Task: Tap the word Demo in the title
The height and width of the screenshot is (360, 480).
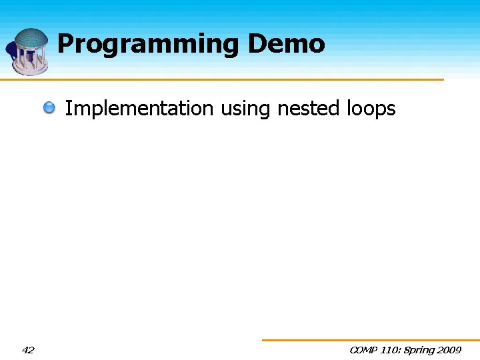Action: point(287,44)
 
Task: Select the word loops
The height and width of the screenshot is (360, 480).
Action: point(371,109)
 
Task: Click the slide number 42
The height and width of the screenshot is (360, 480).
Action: point(28,350)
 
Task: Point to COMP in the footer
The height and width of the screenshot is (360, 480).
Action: point(364,350)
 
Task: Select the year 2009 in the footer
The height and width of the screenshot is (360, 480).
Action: point(451,350)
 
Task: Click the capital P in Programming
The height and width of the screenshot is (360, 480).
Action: point(65,44)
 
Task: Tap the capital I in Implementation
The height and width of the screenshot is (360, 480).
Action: point(68,108)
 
